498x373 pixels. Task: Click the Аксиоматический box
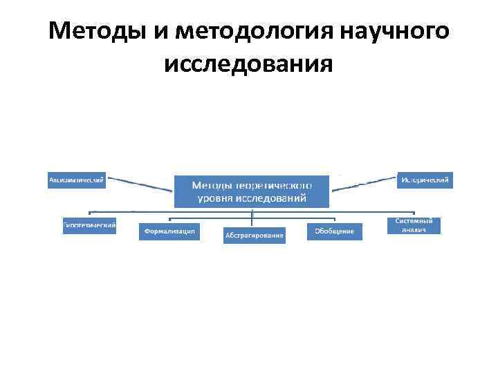[x=77, y=180]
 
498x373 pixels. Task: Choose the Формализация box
[x=169, y=231]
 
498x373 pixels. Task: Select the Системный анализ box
[x=414, y=225]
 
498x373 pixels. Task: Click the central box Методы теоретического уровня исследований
[x=251, y=191]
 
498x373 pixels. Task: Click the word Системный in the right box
[x=414, y=221]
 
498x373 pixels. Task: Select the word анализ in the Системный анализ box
[x=414, y=229]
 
